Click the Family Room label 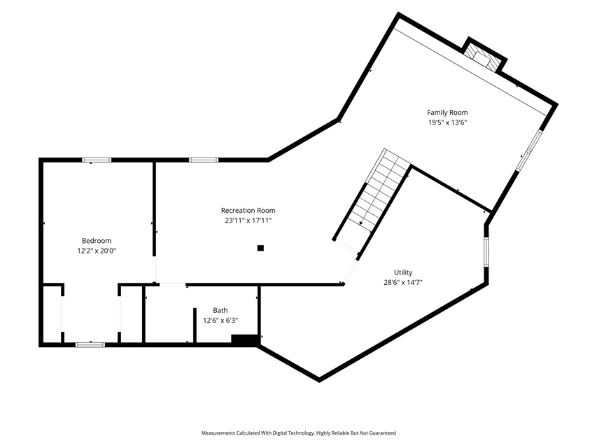[x=447, y=113]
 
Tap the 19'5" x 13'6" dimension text [x=447, y=122]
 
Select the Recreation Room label [x=248, y=210]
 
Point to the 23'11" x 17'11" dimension [x=248, y=220]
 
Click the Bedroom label [x=97, y=241]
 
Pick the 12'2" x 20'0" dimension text [x=97, y=251]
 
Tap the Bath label [x=220, y=311]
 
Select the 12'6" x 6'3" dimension [x=220, y=321]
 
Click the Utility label [x=403, y=272]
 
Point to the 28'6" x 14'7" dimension [x=403, y=283]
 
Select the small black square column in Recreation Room [x=260, y=248]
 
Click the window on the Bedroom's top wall [x=97, y=160]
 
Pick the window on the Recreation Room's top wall [x=204, y=160]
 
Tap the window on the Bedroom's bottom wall [x=90, y=345]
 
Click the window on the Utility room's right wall [x=486, y=252]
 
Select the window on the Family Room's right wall [x=529, y=150]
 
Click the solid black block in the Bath [x=244, y=340]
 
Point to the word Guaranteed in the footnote [x=383, y=433]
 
